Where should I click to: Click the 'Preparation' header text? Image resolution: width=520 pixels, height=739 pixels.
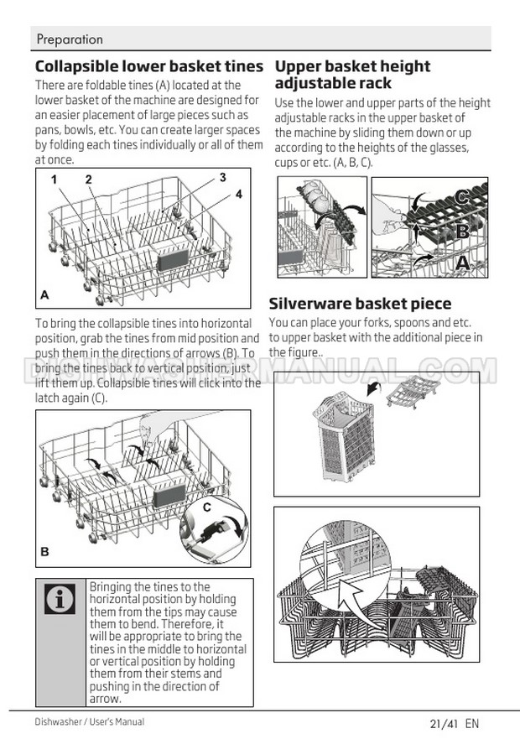coord(70,39)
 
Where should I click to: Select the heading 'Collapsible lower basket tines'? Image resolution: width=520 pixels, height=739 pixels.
coord(149,66)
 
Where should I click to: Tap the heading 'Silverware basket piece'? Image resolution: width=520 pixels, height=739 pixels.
coord(360,303)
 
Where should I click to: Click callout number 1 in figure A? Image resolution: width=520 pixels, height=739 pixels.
coord(55,180)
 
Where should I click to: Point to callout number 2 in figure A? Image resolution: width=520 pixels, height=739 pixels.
coord(89,180)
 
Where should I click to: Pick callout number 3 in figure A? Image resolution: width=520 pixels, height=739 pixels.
coord(222,177)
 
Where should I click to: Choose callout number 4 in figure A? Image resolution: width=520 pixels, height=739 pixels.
coord(239,194)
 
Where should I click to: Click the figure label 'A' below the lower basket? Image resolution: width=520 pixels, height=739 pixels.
coord(44,295)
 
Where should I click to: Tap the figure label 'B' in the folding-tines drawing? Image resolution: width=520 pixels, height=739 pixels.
coord(44,551)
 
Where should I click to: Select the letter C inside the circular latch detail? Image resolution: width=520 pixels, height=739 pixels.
coord(207,507)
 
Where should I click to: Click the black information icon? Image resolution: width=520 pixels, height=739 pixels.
coord(60,599)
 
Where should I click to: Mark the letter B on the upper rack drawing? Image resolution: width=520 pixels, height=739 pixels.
coord(462,231)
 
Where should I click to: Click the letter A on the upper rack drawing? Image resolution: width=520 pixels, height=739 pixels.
coord(462,262)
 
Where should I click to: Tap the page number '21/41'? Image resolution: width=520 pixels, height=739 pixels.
coord(445,723)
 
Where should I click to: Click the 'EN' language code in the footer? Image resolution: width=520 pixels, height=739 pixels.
coord(472,723)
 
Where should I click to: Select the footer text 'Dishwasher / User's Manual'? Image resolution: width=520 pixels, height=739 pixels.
coord(90,721)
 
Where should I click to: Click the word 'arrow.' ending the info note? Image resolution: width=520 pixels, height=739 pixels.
coord(106,699)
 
